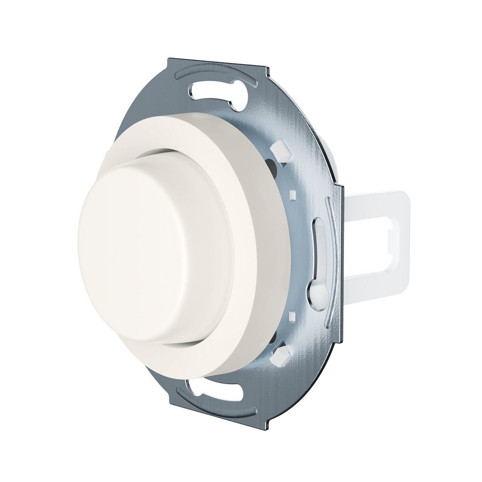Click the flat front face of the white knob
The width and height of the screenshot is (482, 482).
click(151, 249)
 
